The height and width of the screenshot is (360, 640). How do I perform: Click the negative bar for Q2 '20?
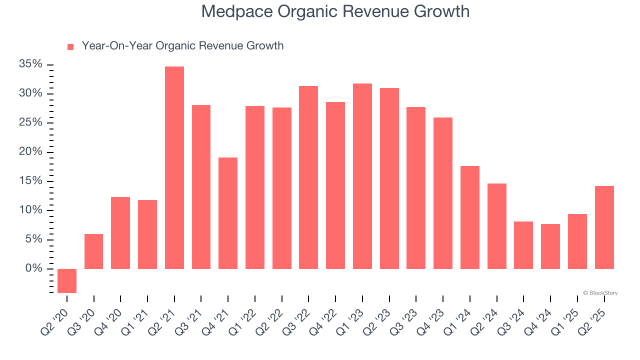click(x=67, y=280)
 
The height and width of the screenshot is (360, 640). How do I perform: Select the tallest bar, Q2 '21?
click(x=174, y=167)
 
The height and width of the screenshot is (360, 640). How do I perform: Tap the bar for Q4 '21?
click(x=228, y=213)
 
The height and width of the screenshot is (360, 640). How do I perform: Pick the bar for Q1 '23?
click(x=362, y=176)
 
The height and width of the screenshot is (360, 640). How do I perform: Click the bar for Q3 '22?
click(x=308, y=177)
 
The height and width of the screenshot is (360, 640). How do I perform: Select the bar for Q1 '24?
click(x=470, y=217)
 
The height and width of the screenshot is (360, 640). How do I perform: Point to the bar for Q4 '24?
click(x=550, y=246)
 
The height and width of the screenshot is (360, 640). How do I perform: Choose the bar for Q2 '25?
click(x=604, y=227)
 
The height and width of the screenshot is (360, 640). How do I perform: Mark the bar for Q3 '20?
click(x=94, y=251)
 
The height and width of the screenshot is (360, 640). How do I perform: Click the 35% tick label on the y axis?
click(x=30, y=64)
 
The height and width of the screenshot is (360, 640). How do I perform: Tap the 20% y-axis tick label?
click(x=30, y=152)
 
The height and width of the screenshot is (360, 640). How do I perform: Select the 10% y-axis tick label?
click(x=30, y=210)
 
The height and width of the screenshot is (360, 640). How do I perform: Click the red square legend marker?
click(x=70, y=46)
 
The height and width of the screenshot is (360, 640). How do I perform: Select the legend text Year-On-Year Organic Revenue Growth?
click(x=182, y=46)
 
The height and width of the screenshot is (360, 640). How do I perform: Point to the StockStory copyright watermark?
click(x=600, y=293)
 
